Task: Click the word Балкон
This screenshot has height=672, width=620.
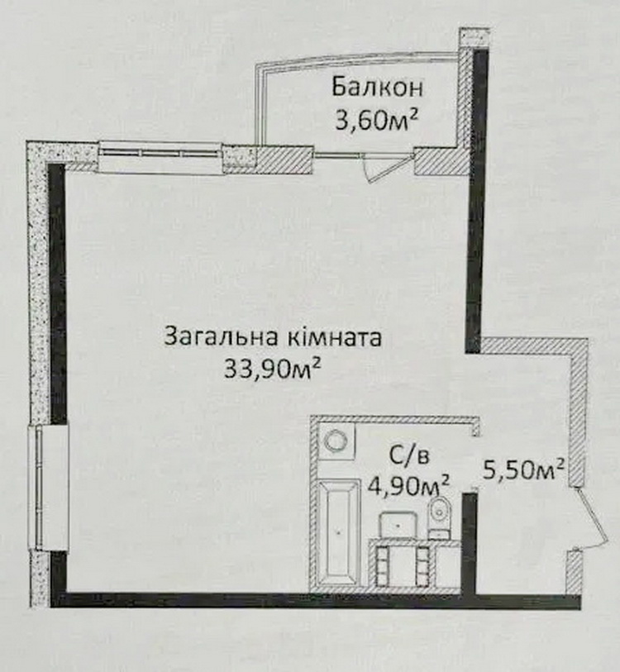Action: click(x=377, y=87)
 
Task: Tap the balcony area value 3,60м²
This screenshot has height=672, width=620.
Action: click(x=376, y=121)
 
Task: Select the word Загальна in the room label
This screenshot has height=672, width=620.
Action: click(x=221, y=336)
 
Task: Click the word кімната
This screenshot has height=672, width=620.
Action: click(x=332, y=336)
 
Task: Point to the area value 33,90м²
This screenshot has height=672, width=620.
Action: click(x=272, y=368)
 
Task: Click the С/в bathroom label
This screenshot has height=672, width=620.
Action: click(x=408, y=456)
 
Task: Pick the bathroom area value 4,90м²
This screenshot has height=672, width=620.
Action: click(x=409, y=486)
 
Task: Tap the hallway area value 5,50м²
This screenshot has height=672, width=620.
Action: click(x=523, y=469)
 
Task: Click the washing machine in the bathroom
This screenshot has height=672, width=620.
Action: click(x=337, y=441)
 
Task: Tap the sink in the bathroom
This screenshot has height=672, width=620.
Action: click(x=398, y=524)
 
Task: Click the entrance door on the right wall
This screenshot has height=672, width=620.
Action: click(x=592, y=520)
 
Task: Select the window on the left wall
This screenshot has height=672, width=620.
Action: click(x=48, y=488)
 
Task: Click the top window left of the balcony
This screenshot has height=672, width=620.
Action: click(x=160, y=157)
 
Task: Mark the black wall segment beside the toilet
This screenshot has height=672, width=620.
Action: click(x=469, y=543)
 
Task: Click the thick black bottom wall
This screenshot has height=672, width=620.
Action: click(x=315, y=600)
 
